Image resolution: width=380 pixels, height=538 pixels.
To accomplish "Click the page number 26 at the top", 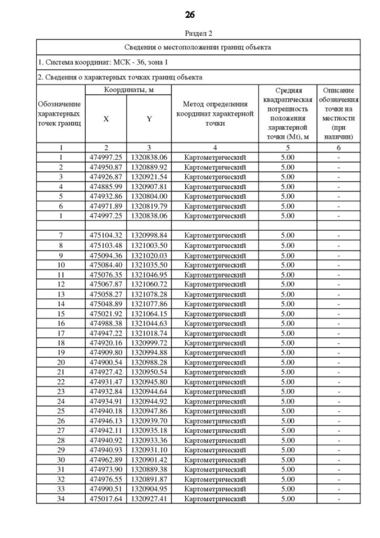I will [x=190, y=14].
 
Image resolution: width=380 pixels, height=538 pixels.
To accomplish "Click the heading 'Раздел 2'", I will [x=190, y=33].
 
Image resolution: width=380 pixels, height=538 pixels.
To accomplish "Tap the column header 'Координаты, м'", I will [x=128, y=90].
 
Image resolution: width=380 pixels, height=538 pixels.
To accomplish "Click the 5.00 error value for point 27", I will [x=287, y=430].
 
